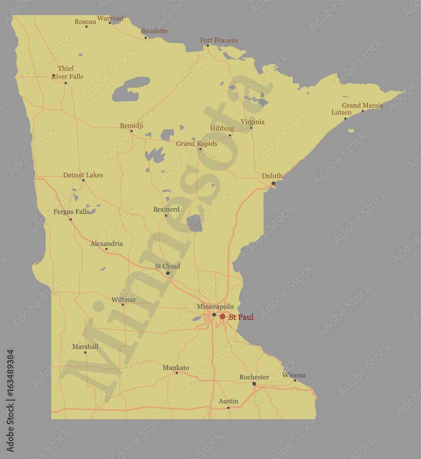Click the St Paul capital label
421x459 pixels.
(241, 317)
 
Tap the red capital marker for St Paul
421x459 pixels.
(222, 317)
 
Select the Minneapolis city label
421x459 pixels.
(215, 306)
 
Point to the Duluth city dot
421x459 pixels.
(273, 183)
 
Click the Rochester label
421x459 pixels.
(254, 377)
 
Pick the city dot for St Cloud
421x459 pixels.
(168, 273)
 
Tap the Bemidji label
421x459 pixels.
(131, 125)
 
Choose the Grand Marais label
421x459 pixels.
(362, 105)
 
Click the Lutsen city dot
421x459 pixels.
(346, 118)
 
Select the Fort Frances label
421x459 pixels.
(219, 40)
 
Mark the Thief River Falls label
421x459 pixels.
(67, 73)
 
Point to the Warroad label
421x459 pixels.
(110, 18)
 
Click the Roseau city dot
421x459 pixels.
(86, 26)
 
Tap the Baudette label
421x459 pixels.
(154, 31)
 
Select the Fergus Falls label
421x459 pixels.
(71, 212)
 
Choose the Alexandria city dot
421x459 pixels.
(106, 249)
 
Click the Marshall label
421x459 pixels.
(85, 347)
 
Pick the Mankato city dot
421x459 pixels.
(177, 373)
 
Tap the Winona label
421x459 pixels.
(294, 375)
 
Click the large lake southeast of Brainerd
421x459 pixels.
(194, 224)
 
